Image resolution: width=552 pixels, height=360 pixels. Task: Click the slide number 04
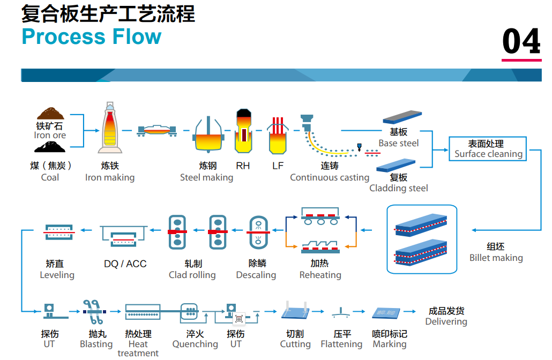click(x=521, y=41)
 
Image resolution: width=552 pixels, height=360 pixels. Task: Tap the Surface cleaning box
click(x=488, y=149)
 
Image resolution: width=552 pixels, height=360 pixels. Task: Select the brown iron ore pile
click(x=50, y=114)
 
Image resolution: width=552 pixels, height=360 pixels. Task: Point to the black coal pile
click(x=50, y=147)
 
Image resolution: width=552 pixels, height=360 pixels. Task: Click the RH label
click(x=243, y=166)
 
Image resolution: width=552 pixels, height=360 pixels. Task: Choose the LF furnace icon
click(x=278, y=136)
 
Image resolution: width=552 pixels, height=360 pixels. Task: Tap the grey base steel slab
click(x=402, y=117)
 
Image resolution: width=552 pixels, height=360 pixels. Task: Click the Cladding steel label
click(x=399, y=188)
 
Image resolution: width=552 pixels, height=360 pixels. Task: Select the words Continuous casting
click(x=330, y=177)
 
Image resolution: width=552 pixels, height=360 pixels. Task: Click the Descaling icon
click(x=258, y=232)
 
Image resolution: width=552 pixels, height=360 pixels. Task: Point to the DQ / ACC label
click(x=125, y=264)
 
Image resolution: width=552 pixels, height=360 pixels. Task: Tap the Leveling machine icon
click(x=59, y=232)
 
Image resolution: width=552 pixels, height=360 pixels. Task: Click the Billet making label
click(x=496, y=258)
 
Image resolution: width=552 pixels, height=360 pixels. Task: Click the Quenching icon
click(x=190, y=311)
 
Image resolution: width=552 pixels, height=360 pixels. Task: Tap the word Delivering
click(x=446, y=321)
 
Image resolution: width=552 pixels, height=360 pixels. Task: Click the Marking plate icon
click(x=386, y=313)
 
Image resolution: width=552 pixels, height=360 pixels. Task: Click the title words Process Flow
click(x=92, y=36)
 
